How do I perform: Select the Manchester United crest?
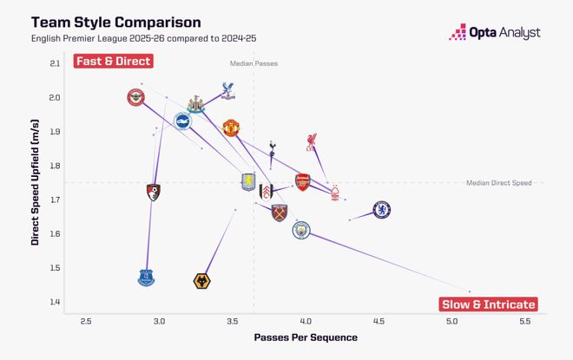click(x=230, y=128)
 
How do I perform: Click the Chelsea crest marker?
click(x=381, y=209)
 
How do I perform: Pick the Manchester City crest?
click(x=301, y=231)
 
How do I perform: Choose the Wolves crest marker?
click(x=203, y=280)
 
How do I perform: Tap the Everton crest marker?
click(x=146, y=278)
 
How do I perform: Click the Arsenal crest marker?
click(x=302, y=181)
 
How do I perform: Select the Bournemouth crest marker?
click(x=154, y=193)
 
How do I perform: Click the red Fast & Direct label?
click(x=113, y=62)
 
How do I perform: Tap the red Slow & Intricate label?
click(x=488, y=304)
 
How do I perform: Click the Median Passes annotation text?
click(x=254, y=64)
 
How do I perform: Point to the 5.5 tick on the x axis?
click(x=524, y=321)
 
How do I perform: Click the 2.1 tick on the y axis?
click(x=55, y=63)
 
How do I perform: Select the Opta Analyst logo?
click(x=495, y=32)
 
